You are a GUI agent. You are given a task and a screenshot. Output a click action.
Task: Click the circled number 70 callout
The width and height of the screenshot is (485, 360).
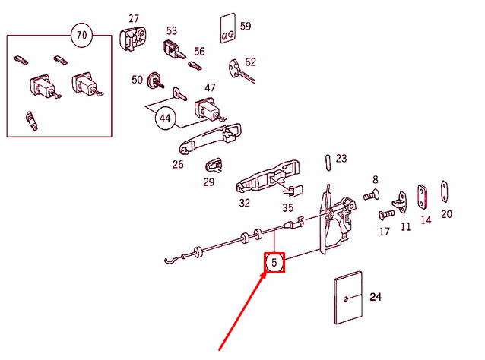click(81, 34)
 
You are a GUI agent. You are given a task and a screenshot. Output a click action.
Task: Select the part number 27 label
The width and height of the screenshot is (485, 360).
click(134, 18)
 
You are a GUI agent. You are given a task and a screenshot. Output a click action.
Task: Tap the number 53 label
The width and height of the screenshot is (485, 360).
click(172, 31)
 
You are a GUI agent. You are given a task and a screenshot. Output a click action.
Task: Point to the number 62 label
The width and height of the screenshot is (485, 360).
click(250, 62)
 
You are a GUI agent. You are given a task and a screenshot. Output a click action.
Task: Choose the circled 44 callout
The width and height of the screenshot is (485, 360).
click(165, 118)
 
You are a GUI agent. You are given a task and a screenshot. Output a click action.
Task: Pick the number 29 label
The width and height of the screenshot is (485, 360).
click(209, 182)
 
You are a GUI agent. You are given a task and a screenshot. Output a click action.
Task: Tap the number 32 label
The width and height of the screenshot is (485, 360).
click(244, 203)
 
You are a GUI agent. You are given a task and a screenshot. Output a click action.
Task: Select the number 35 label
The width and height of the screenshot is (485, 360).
click(287, 207)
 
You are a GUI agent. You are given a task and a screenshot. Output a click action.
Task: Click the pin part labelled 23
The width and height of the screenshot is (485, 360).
click(326, 160)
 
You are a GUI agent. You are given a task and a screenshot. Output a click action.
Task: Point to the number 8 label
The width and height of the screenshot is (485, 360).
click(375, 179)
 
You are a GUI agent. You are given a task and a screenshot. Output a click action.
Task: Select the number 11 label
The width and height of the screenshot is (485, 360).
click(405, 226)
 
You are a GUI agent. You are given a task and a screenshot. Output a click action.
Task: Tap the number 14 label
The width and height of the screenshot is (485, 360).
click(426, 220)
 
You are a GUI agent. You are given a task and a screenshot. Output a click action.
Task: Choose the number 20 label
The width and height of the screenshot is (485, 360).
click(446, 214)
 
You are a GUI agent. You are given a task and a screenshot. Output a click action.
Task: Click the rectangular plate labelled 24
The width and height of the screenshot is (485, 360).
click(347, 299)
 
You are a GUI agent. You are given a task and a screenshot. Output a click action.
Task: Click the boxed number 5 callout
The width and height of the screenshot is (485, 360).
click(274, 263)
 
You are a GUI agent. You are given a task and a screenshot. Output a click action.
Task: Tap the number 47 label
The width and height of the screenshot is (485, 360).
click(210, 88)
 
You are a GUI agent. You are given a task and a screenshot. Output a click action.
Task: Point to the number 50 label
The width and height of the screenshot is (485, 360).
click(137, 80)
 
